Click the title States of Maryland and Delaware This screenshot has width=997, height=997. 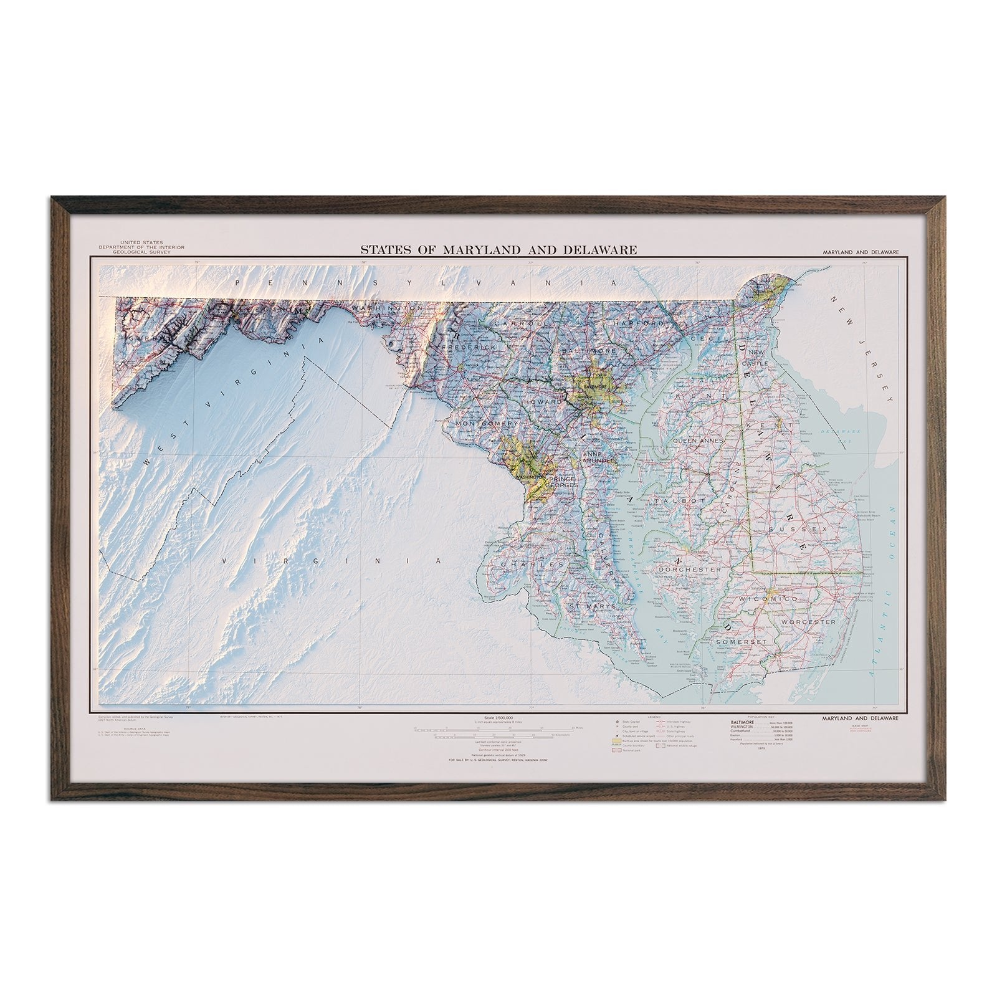(499, 250)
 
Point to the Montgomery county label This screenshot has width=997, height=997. (487, 424)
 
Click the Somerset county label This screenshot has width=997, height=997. (739, 642)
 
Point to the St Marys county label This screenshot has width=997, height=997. (594, 606)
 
